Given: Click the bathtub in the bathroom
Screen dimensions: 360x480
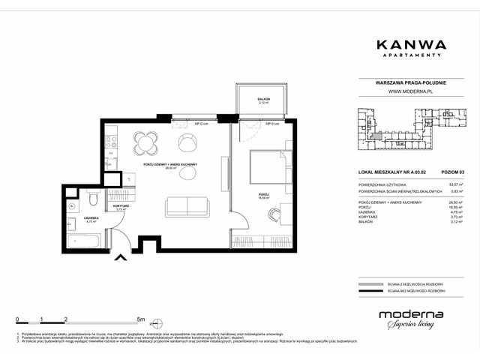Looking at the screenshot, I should (83, 241).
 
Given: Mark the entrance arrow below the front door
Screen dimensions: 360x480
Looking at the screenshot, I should (119, 259).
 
